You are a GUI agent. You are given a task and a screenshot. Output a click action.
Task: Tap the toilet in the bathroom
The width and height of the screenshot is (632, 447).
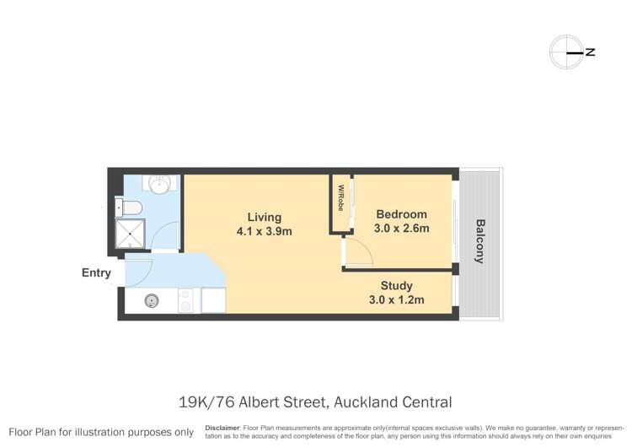132,207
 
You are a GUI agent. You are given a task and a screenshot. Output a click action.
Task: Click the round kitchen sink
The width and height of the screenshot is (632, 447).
153,300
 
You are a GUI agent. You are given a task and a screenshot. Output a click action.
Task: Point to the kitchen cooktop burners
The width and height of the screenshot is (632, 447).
185,300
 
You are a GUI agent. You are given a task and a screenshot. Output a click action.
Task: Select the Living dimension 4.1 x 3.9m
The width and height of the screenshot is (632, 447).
264,231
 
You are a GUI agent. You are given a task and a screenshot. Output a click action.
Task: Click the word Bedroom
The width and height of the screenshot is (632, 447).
401,214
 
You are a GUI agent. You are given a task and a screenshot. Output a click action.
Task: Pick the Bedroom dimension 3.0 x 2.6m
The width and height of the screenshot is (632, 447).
402,229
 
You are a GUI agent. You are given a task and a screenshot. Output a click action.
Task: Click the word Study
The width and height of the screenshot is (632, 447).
396,285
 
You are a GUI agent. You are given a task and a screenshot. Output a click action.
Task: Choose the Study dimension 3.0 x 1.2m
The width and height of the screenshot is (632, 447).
396,299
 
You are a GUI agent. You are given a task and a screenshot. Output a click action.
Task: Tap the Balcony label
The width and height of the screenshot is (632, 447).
479,241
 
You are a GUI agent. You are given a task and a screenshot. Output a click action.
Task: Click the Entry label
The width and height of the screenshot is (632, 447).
96,272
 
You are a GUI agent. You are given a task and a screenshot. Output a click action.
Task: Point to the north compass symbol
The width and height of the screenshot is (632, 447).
566,52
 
